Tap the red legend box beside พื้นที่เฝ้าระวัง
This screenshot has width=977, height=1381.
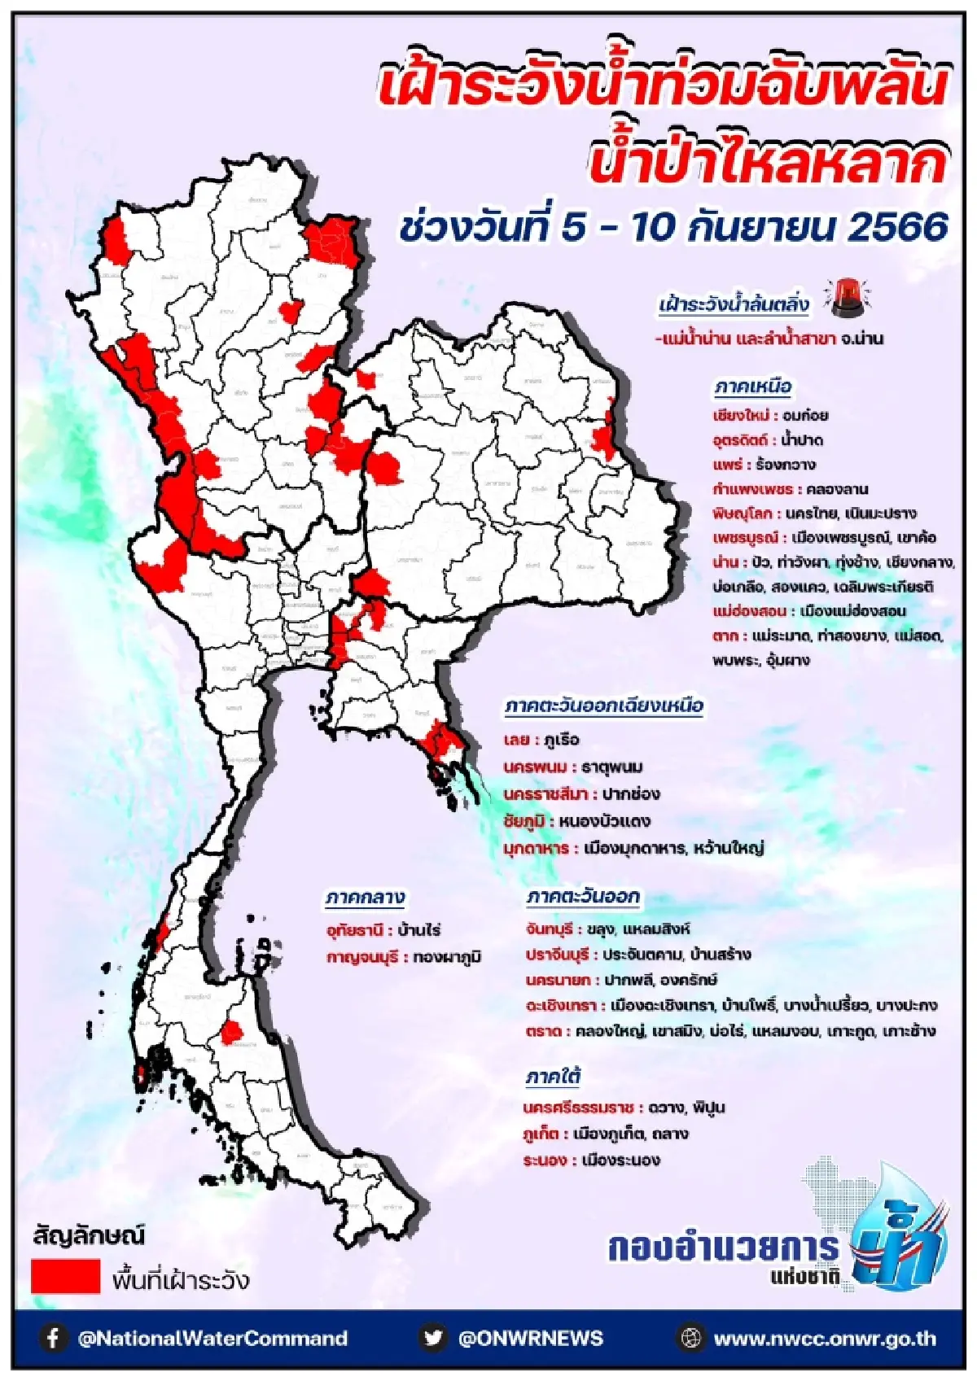coord(65,1275)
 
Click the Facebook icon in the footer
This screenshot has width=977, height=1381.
coord(53,1338)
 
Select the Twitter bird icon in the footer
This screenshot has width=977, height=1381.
coord(433,1338)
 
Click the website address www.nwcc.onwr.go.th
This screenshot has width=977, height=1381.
coord(824,1339)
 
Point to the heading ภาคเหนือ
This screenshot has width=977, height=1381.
coord(752,387)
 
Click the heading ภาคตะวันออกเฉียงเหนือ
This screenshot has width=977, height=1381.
coord(603,706)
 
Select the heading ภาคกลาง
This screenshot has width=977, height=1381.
coord(365,898)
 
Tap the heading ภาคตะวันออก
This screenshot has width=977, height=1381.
coord(583,897)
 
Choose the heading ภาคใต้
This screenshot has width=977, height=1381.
coord(553,1077)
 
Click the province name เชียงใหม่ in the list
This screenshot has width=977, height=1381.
coord(740,416)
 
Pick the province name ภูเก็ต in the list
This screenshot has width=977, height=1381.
coord(541,1134)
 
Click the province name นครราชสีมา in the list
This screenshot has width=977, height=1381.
coord(545,793)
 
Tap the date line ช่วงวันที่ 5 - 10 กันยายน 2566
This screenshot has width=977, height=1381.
coord(673,227)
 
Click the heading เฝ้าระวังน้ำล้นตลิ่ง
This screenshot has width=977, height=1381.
coord(734,305)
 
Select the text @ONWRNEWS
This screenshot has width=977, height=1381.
coord(530,1339)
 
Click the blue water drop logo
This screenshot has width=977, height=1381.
coord(900,1233)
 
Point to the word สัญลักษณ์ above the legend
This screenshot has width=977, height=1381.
coord(89,1236)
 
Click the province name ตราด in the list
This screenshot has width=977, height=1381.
coord(544,1031)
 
